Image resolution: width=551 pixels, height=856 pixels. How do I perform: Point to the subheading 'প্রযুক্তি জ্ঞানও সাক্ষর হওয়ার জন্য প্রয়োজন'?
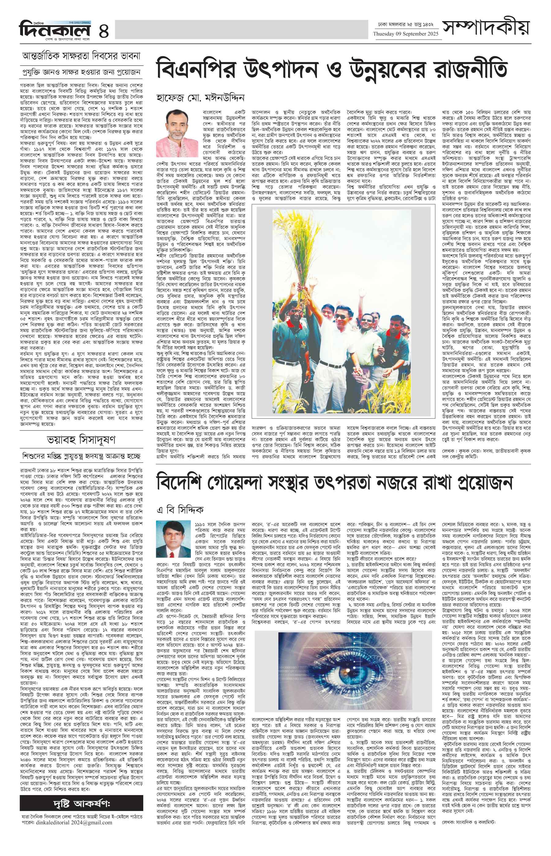point(81,72)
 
